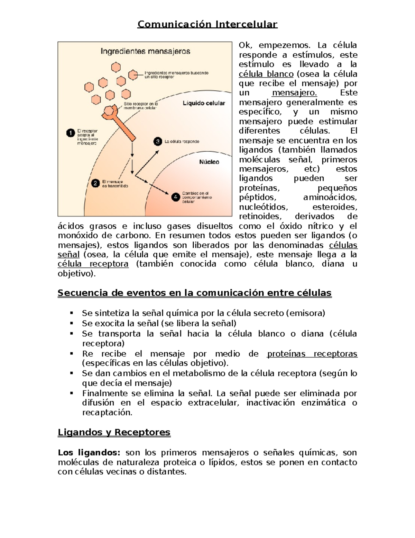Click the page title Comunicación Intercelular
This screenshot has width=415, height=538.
[x=207, y=24]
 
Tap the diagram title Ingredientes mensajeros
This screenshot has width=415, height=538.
[x=145, y=51]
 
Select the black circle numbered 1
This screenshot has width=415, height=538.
[x=71, y=133]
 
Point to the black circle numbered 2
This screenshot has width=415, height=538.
[x=95, y=184]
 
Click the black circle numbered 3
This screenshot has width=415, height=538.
[x=158, y=141]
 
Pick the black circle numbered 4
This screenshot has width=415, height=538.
[x=176, y=197]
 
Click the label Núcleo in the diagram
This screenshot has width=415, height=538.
[x=209, y=162]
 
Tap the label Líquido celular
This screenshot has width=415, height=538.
[x=204, y=103]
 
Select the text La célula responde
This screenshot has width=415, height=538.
[x=182, y=141]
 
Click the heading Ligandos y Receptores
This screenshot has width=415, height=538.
[x=114, y=432]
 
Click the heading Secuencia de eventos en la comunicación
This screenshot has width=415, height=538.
[x=194, y=293]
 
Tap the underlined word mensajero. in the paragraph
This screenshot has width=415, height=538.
[x=294, y=93]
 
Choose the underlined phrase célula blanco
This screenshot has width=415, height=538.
[x=266, y=74]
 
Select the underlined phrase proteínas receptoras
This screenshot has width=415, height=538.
[x=312, y=354]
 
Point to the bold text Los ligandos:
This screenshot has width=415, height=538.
[x=89, y=452]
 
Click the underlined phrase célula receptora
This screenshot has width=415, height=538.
[x=93, y=264]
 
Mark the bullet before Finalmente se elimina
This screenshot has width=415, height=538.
[x=72, y=393]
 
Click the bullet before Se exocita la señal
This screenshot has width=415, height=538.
[x=72, y=323]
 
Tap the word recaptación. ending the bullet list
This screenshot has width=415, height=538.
[x=107, y=412]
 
